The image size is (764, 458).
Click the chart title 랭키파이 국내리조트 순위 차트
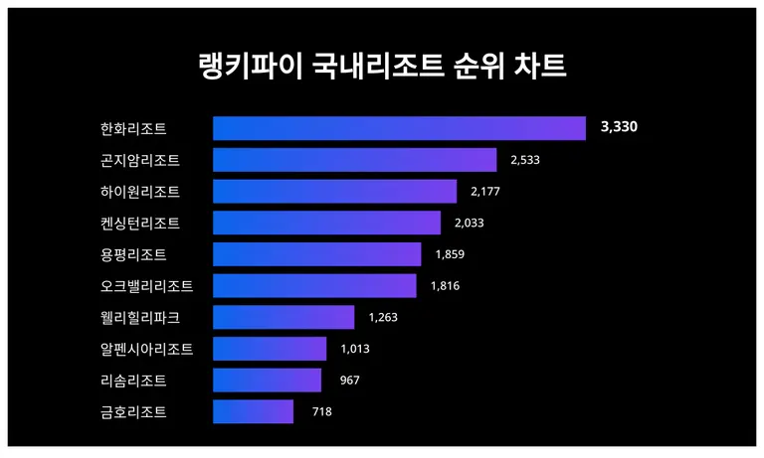coord(381,68)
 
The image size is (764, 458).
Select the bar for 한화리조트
coord(399,128)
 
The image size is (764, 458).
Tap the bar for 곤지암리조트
coord(354,160)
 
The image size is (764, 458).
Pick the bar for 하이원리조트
coord(334,191)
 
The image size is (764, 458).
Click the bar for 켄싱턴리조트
coord(326,223)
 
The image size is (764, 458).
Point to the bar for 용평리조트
coord(316,254)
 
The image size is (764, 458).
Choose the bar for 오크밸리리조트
coord(314,286)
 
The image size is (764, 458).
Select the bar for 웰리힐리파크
coord(284,317)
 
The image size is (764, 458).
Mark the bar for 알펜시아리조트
coord(270,349)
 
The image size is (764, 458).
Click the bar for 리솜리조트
coord(267,381)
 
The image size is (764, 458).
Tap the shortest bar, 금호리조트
coord(253,411)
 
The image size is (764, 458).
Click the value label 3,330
coord(618,128)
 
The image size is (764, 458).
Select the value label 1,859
coord(450,254)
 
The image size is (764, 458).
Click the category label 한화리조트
coord(133,128)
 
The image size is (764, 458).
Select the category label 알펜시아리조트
coord(146,349)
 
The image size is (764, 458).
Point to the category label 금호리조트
coord(133,411)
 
